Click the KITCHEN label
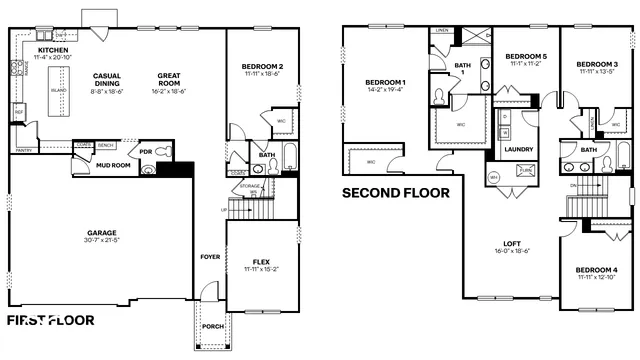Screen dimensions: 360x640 [52, 50]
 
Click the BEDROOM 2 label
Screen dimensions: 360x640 [262, 67]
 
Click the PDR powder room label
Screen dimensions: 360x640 [145, 153]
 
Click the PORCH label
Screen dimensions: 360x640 [212, 326]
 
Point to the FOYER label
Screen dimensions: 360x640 [210, 257]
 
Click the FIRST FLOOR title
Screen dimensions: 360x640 [51, 321]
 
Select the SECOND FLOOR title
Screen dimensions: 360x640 [396, 193]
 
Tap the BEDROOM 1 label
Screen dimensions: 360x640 [385, 82]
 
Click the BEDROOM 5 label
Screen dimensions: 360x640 [525, 56]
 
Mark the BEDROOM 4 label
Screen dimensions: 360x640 [596, 269]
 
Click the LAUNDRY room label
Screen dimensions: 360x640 [518, 149]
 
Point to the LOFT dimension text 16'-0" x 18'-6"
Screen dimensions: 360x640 [511, 251]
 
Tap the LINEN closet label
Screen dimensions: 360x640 [441, 30]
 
